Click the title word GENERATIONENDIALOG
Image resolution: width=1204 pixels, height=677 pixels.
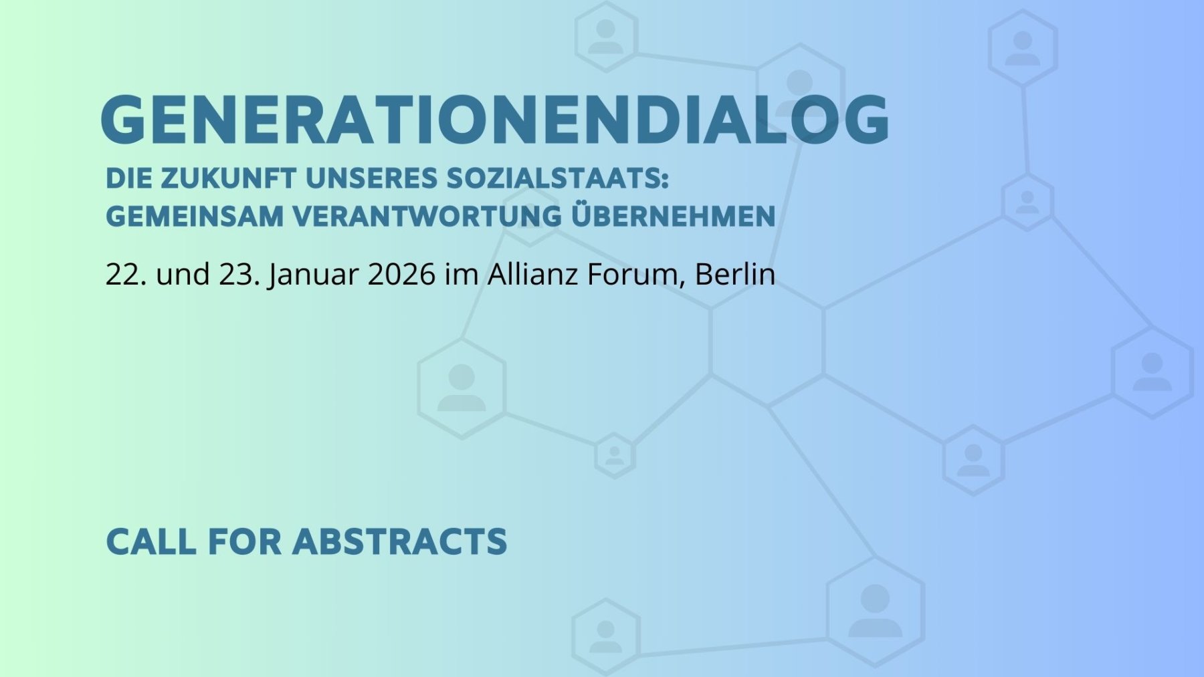[495, 120]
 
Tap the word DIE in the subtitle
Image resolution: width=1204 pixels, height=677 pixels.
[128, 178]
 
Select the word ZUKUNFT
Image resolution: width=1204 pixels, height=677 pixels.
[228, 178]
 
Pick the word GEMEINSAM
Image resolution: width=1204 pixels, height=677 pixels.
[195, 217]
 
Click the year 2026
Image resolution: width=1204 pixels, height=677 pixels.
[402, 274]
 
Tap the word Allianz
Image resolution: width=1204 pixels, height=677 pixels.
[532, 274]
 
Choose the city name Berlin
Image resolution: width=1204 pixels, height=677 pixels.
[735, 274]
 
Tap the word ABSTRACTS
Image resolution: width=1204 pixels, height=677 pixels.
[400, 541]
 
